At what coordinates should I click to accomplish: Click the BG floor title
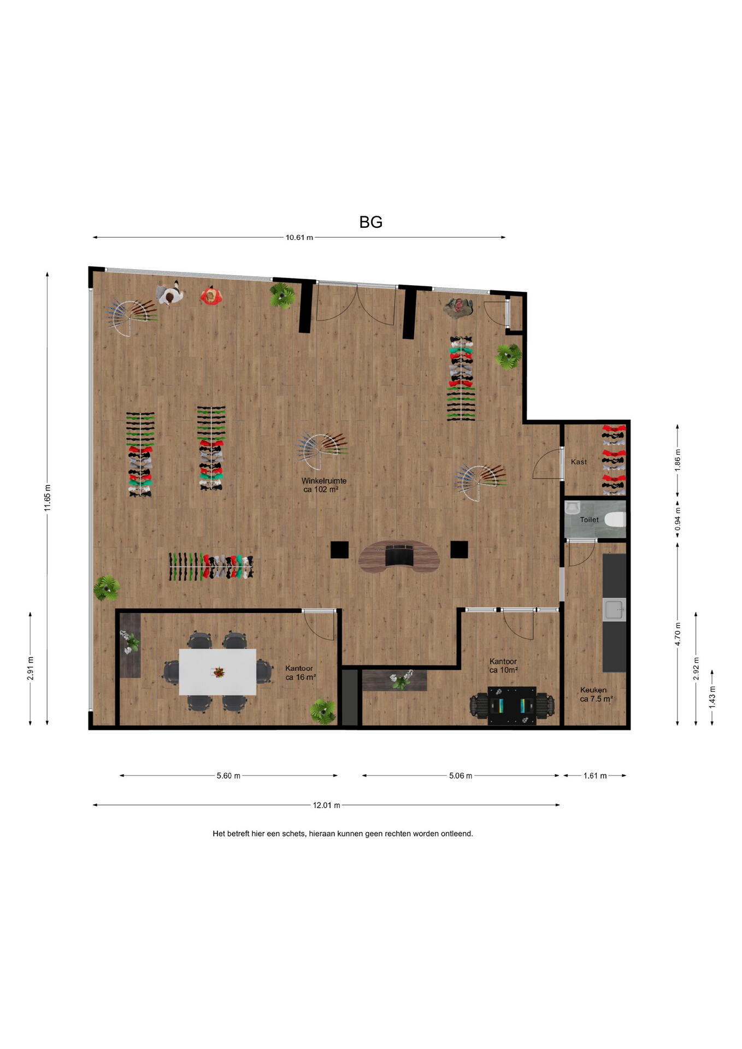coord(370,222)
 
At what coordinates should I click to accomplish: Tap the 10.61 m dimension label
coord(299,238)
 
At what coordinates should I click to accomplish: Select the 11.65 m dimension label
coord(48,498)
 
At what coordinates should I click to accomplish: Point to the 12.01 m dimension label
coord(326,805)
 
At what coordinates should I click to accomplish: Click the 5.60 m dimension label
coord(228,776)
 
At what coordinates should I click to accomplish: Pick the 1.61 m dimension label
coord(595,776)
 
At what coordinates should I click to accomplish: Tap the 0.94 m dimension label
coord(678,520)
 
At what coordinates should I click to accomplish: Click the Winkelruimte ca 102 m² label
coord(323,485)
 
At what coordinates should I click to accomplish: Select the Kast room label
coord(579,462)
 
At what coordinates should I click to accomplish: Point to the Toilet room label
coord(589,520)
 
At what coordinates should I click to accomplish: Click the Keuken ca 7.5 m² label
coord(596,694)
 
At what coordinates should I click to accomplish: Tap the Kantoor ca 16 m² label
coord(300,673)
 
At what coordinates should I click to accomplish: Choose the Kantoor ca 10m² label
coord(503,665)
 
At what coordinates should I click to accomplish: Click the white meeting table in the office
coord(217,672)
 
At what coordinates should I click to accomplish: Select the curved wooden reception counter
coord(399,556)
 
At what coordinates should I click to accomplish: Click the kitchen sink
coord(614,610)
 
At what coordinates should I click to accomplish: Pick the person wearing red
coord(211,296)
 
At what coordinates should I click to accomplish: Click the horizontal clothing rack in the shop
coord(211,567)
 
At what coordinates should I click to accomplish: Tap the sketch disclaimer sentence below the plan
coord(343,834)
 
